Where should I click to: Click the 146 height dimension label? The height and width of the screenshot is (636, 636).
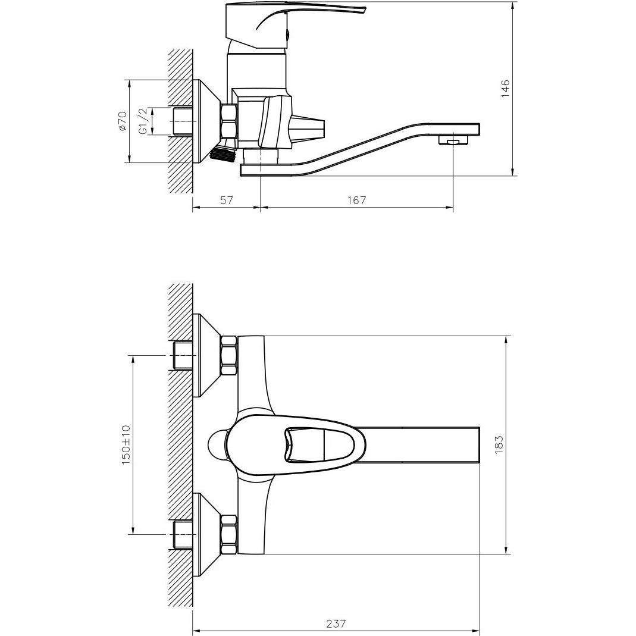click(505, 88)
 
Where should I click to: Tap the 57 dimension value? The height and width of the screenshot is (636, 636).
click(226, 200)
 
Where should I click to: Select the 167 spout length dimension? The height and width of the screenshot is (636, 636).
click(356, 200)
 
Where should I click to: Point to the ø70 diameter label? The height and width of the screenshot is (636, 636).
click(122, 121)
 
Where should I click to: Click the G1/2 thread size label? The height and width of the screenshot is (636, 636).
click(142, 121)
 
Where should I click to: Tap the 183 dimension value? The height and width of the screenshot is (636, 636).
click(499, 444)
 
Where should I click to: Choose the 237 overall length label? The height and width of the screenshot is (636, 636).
click(336, 623)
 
